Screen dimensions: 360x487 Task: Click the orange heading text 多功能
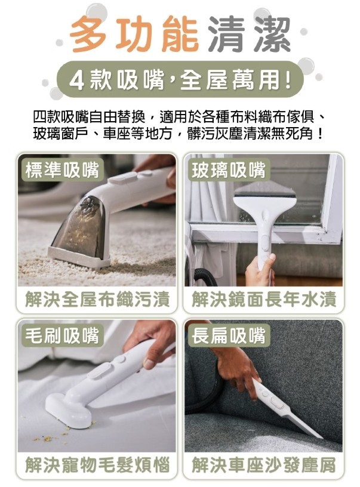coord(134,34)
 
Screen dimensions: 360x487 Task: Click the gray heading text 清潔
coord(249,34)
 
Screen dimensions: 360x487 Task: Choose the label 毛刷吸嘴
coord(62,335)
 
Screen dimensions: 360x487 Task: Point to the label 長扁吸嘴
coord(228,335)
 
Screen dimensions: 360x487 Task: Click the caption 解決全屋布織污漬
coord(97,300)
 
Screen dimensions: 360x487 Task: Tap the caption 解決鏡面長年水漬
coord(264,300)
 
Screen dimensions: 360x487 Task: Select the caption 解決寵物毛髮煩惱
coord(97,466)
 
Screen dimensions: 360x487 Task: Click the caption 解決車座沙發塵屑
coord(264,466)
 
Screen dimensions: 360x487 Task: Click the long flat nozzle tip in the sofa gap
coord(306,426)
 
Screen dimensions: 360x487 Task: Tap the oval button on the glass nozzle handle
coord(264,242)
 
